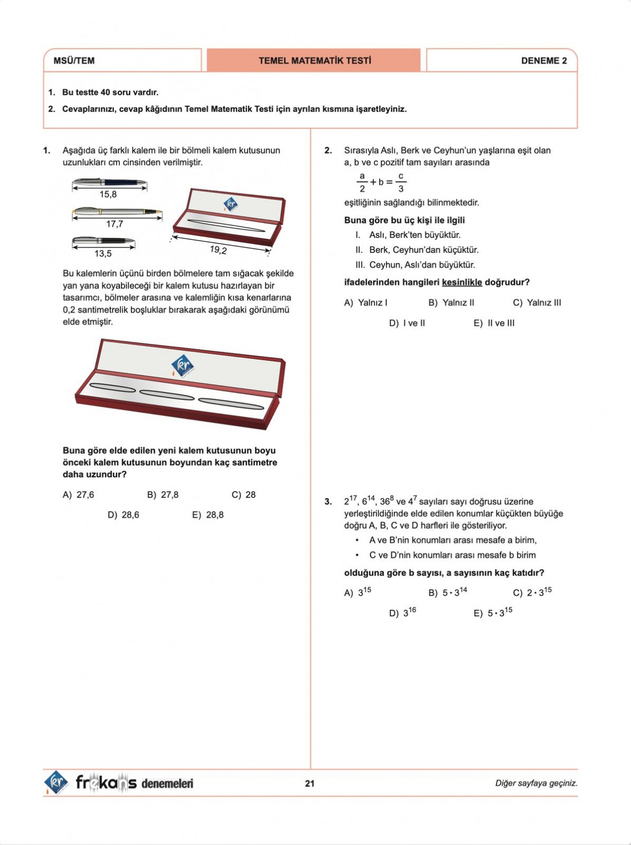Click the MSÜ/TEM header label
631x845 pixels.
[x=74, y=60]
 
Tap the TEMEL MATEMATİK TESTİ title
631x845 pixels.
[x=314, y=60]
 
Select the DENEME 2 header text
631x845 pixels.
[x=544, y=60]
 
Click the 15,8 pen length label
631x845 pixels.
[x=108, y=195]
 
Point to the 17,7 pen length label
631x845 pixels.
[x=114, y=224]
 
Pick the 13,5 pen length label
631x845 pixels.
[x=103, y=254]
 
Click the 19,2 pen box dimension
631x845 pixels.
[x=218, y=250]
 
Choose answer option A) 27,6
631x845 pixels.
[x=78, y=495]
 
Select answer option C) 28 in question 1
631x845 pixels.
[x=243, y=495]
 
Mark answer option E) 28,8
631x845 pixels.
[x=208, y=515]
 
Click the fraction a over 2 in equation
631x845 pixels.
[x=362, y=182]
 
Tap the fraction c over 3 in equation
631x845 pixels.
[x=401, y=182]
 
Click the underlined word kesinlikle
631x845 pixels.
[x=462, y=282]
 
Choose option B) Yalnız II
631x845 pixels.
[x=451, y=303]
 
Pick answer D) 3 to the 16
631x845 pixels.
[x=403, y=612]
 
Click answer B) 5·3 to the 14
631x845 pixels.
[x=447, y=592]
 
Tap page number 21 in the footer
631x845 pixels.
[x=310, y=783]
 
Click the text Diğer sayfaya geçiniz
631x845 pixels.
[x=536, y=783]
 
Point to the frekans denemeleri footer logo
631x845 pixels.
[x=119, y=783]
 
